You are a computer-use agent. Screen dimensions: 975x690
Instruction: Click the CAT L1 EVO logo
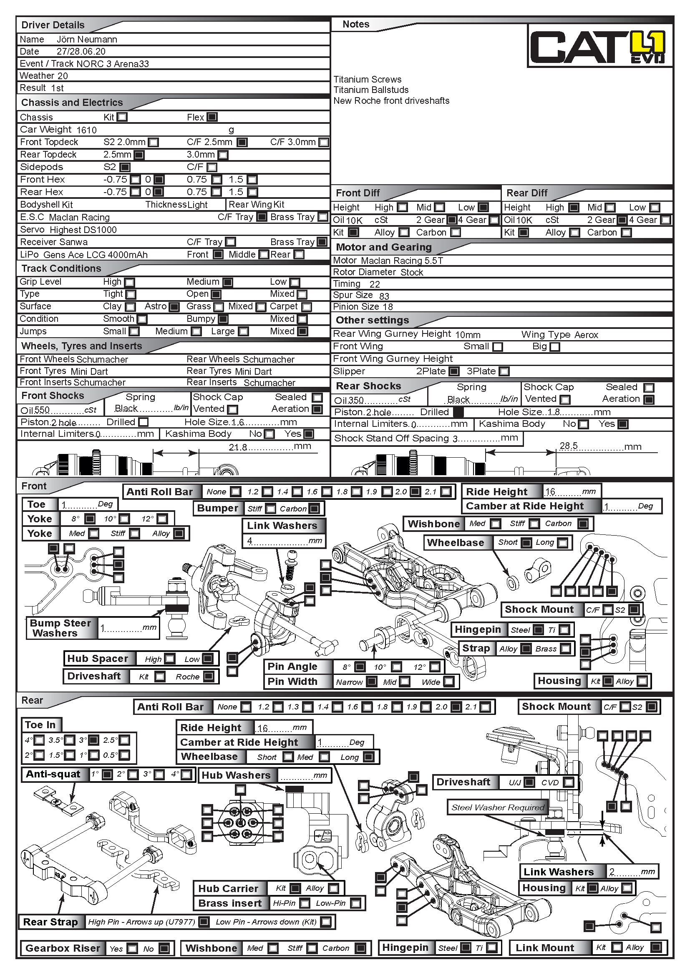tap(599, 47)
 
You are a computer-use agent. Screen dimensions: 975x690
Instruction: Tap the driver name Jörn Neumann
tap(87, 40)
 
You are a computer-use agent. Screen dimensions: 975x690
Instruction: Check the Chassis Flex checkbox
tap(212, 117)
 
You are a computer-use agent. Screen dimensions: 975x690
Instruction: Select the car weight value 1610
tap(87, 130)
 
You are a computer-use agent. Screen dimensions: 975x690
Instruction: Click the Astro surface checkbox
tap(174, 307)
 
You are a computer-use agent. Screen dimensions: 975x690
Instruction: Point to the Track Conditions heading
tap(61, 268)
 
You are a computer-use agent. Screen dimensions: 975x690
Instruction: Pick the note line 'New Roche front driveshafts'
tap(391, 100)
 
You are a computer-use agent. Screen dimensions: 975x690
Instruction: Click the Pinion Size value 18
tap(388, 307)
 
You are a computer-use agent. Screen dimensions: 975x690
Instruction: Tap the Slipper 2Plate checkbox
tap(454, 371)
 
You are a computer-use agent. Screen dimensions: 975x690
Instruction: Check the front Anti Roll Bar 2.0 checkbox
tap(416, 492)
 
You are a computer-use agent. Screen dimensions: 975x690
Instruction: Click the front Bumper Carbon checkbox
tap(315, 509)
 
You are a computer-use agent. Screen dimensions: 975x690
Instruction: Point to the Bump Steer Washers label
tap(60, 628)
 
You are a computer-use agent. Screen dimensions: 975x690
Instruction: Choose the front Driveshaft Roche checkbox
tap(208, 677)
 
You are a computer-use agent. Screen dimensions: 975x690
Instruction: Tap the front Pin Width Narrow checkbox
tap(372, 682)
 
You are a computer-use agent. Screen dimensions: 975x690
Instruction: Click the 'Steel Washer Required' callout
tap(498, 807)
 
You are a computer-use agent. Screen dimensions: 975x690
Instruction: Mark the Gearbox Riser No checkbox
tap(164, 948)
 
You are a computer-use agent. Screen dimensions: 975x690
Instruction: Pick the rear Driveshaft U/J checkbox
tap(529, 782)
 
